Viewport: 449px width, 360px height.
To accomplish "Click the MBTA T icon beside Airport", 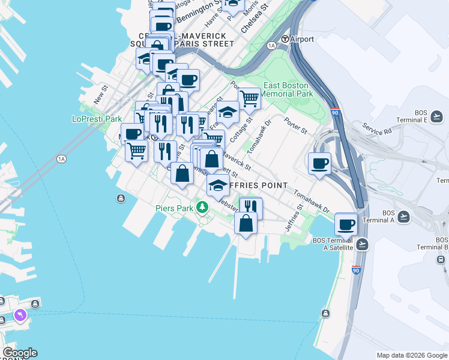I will coord(286,39).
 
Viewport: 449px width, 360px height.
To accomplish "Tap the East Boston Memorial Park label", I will coord(287,89).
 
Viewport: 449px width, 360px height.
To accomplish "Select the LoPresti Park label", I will coord(97,119).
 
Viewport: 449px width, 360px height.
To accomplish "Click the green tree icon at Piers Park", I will coord(203,208).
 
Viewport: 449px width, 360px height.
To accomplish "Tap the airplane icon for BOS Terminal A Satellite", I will coord(361,244).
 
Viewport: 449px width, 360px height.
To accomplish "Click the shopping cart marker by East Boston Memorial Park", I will coord(249,98).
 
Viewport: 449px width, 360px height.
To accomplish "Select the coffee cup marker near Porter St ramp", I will coord(319,163).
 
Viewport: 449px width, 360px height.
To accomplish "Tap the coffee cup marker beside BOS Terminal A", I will coord(346,224).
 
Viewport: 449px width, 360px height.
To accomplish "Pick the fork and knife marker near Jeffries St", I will coord(251,208).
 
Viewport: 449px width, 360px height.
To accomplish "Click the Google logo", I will coord(20,353).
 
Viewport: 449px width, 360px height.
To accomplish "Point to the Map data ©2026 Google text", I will coord(412,355).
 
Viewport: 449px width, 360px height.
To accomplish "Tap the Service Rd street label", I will coord(376,128).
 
